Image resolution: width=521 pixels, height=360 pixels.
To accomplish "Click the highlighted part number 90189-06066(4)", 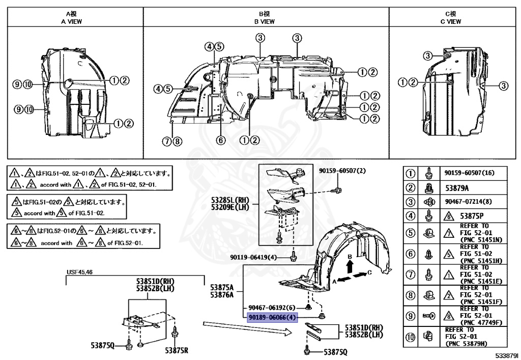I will point(271,318).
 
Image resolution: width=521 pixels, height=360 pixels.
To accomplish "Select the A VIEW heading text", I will point(71,22).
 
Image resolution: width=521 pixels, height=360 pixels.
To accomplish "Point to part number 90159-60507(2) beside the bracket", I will point(342,171).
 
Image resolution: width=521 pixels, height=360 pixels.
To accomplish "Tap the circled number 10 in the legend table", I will point(410,336).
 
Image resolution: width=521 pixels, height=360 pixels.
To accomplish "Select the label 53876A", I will point(221,294).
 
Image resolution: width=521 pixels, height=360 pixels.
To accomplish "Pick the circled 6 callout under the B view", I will point(220,140).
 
